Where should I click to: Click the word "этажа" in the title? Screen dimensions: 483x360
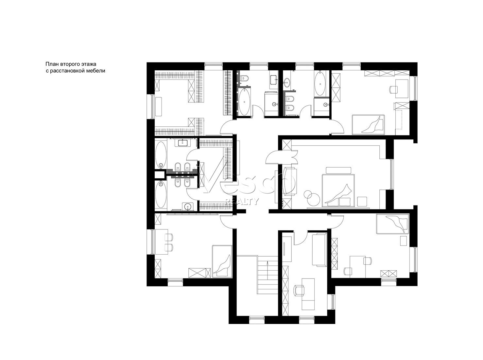(x=89, y=64)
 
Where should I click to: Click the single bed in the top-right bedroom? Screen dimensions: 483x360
(x=368, y=124)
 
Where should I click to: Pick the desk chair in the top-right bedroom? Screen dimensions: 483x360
(x=393, y=89)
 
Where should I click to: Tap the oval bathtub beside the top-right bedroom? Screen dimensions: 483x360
(x=320, y=83)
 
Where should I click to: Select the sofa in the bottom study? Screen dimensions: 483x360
(x=319, y=250)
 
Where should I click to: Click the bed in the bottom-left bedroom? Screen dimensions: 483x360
(x=222, y=261)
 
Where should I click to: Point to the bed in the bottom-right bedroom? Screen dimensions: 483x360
(x=392, y=224)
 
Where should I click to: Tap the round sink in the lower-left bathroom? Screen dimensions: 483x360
(x=187, y=206)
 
